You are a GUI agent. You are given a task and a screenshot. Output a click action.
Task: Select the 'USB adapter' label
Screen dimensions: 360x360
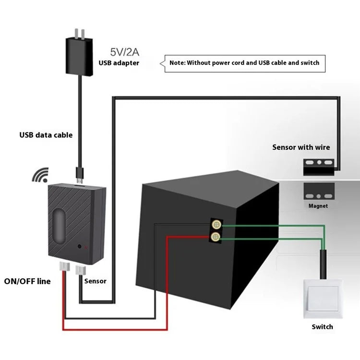tap(119, 62)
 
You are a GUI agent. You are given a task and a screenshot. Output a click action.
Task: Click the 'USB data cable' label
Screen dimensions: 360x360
tap(46, 135)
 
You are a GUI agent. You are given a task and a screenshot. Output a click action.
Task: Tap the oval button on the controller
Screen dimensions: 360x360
tap(59, 224)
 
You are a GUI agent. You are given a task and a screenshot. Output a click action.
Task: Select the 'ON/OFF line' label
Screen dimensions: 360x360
tap(27, 281)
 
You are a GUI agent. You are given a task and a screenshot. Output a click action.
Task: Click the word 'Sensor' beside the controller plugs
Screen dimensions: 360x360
tap(95, 281)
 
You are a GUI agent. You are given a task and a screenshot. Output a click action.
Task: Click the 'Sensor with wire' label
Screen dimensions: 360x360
tap(301, 147)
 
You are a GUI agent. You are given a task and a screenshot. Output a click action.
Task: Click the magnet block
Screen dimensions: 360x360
tap(318, 192)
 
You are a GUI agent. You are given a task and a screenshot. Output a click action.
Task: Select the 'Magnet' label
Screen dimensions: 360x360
tap(318, 206)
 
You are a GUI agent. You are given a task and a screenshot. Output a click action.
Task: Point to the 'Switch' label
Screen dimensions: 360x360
tap(322, 327)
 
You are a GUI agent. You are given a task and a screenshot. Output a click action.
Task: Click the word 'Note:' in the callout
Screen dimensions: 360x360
tap(177, 62)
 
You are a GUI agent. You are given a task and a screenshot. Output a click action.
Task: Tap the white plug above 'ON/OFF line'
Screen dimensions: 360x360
tap(63, 267)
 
